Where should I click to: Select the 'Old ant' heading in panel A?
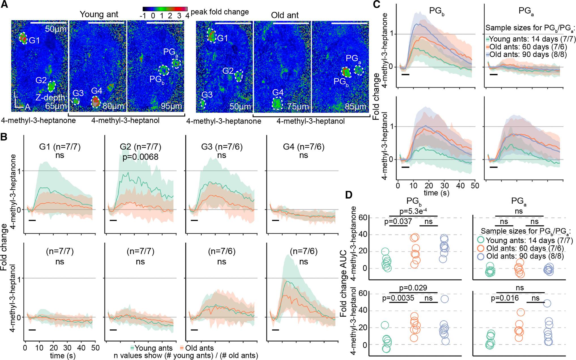tap(285, 15)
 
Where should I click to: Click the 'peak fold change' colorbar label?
tap(220, 12)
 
